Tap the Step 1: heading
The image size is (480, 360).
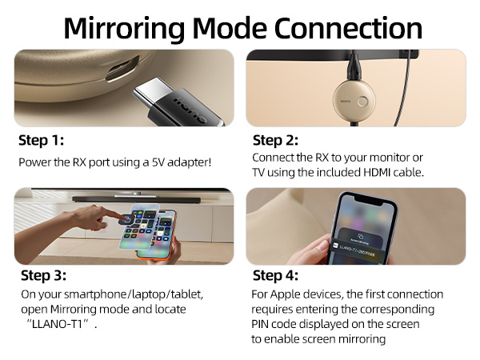pyautogui.click(x=41, y=141)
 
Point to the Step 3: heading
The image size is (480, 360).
pyautogui.click(x=42, y=276)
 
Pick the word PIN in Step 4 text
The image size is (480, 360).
pyautogui.click(x=262, y=323)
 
